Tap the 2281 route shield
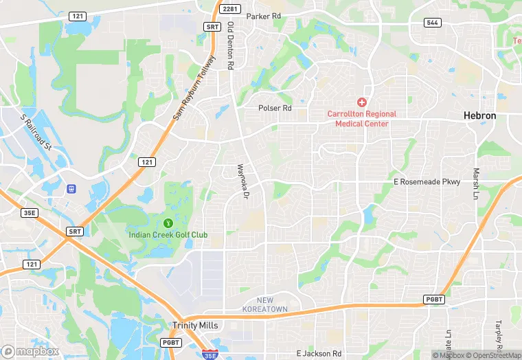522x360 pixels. click(x=229, y=8)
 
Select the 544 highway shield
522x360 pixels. click(x=432, y=22)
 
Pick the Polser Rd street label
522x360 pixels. click(x=275, y=109)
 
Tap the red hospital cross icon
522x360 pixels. click(x=362, y=102)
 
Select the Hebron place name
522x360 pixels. click(x=479, y=116)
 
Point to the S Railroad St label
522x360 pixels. click(x=36, y=133)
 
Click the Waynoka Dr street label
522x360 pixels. click(x=242, y=182)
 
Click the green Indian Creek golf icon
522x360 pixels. click(x=168, y=223)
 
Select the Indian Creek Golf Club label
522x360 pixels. click(x=168, y=235)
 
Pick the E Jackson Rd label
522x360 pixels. click(x=319, y=353)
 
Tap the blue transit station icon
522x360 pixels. click(x=71, y=188)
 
